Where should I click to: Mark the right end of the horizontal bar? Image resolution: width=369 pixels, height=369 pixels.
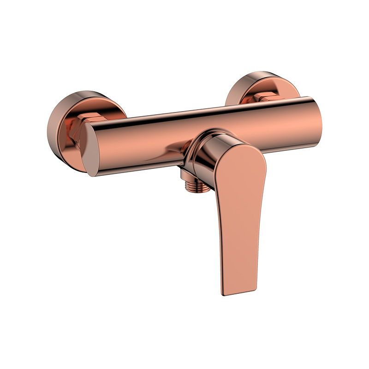point(316,118)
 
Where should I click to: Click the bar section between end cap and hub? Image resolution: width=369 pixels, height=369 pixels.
point(143,138)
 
